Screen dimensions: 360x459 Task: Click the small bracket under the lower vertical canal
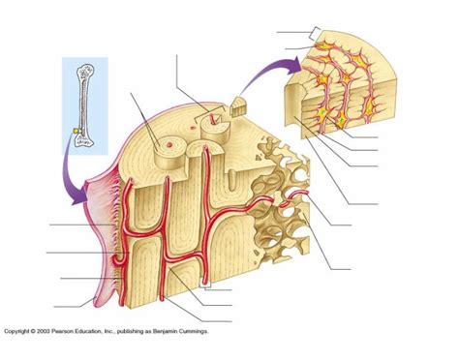[206, 286]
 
